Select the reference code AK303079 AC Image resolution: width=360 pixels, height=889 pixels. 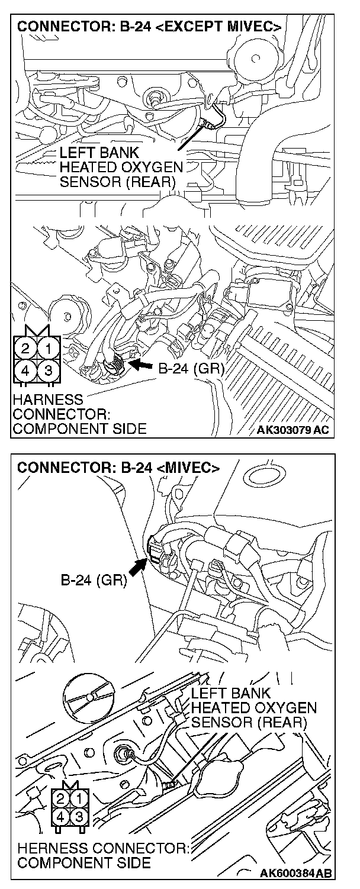click(x=292, y=429)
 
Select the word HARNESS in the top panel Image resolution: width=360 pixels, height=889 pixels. click(x=47, y=400)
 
